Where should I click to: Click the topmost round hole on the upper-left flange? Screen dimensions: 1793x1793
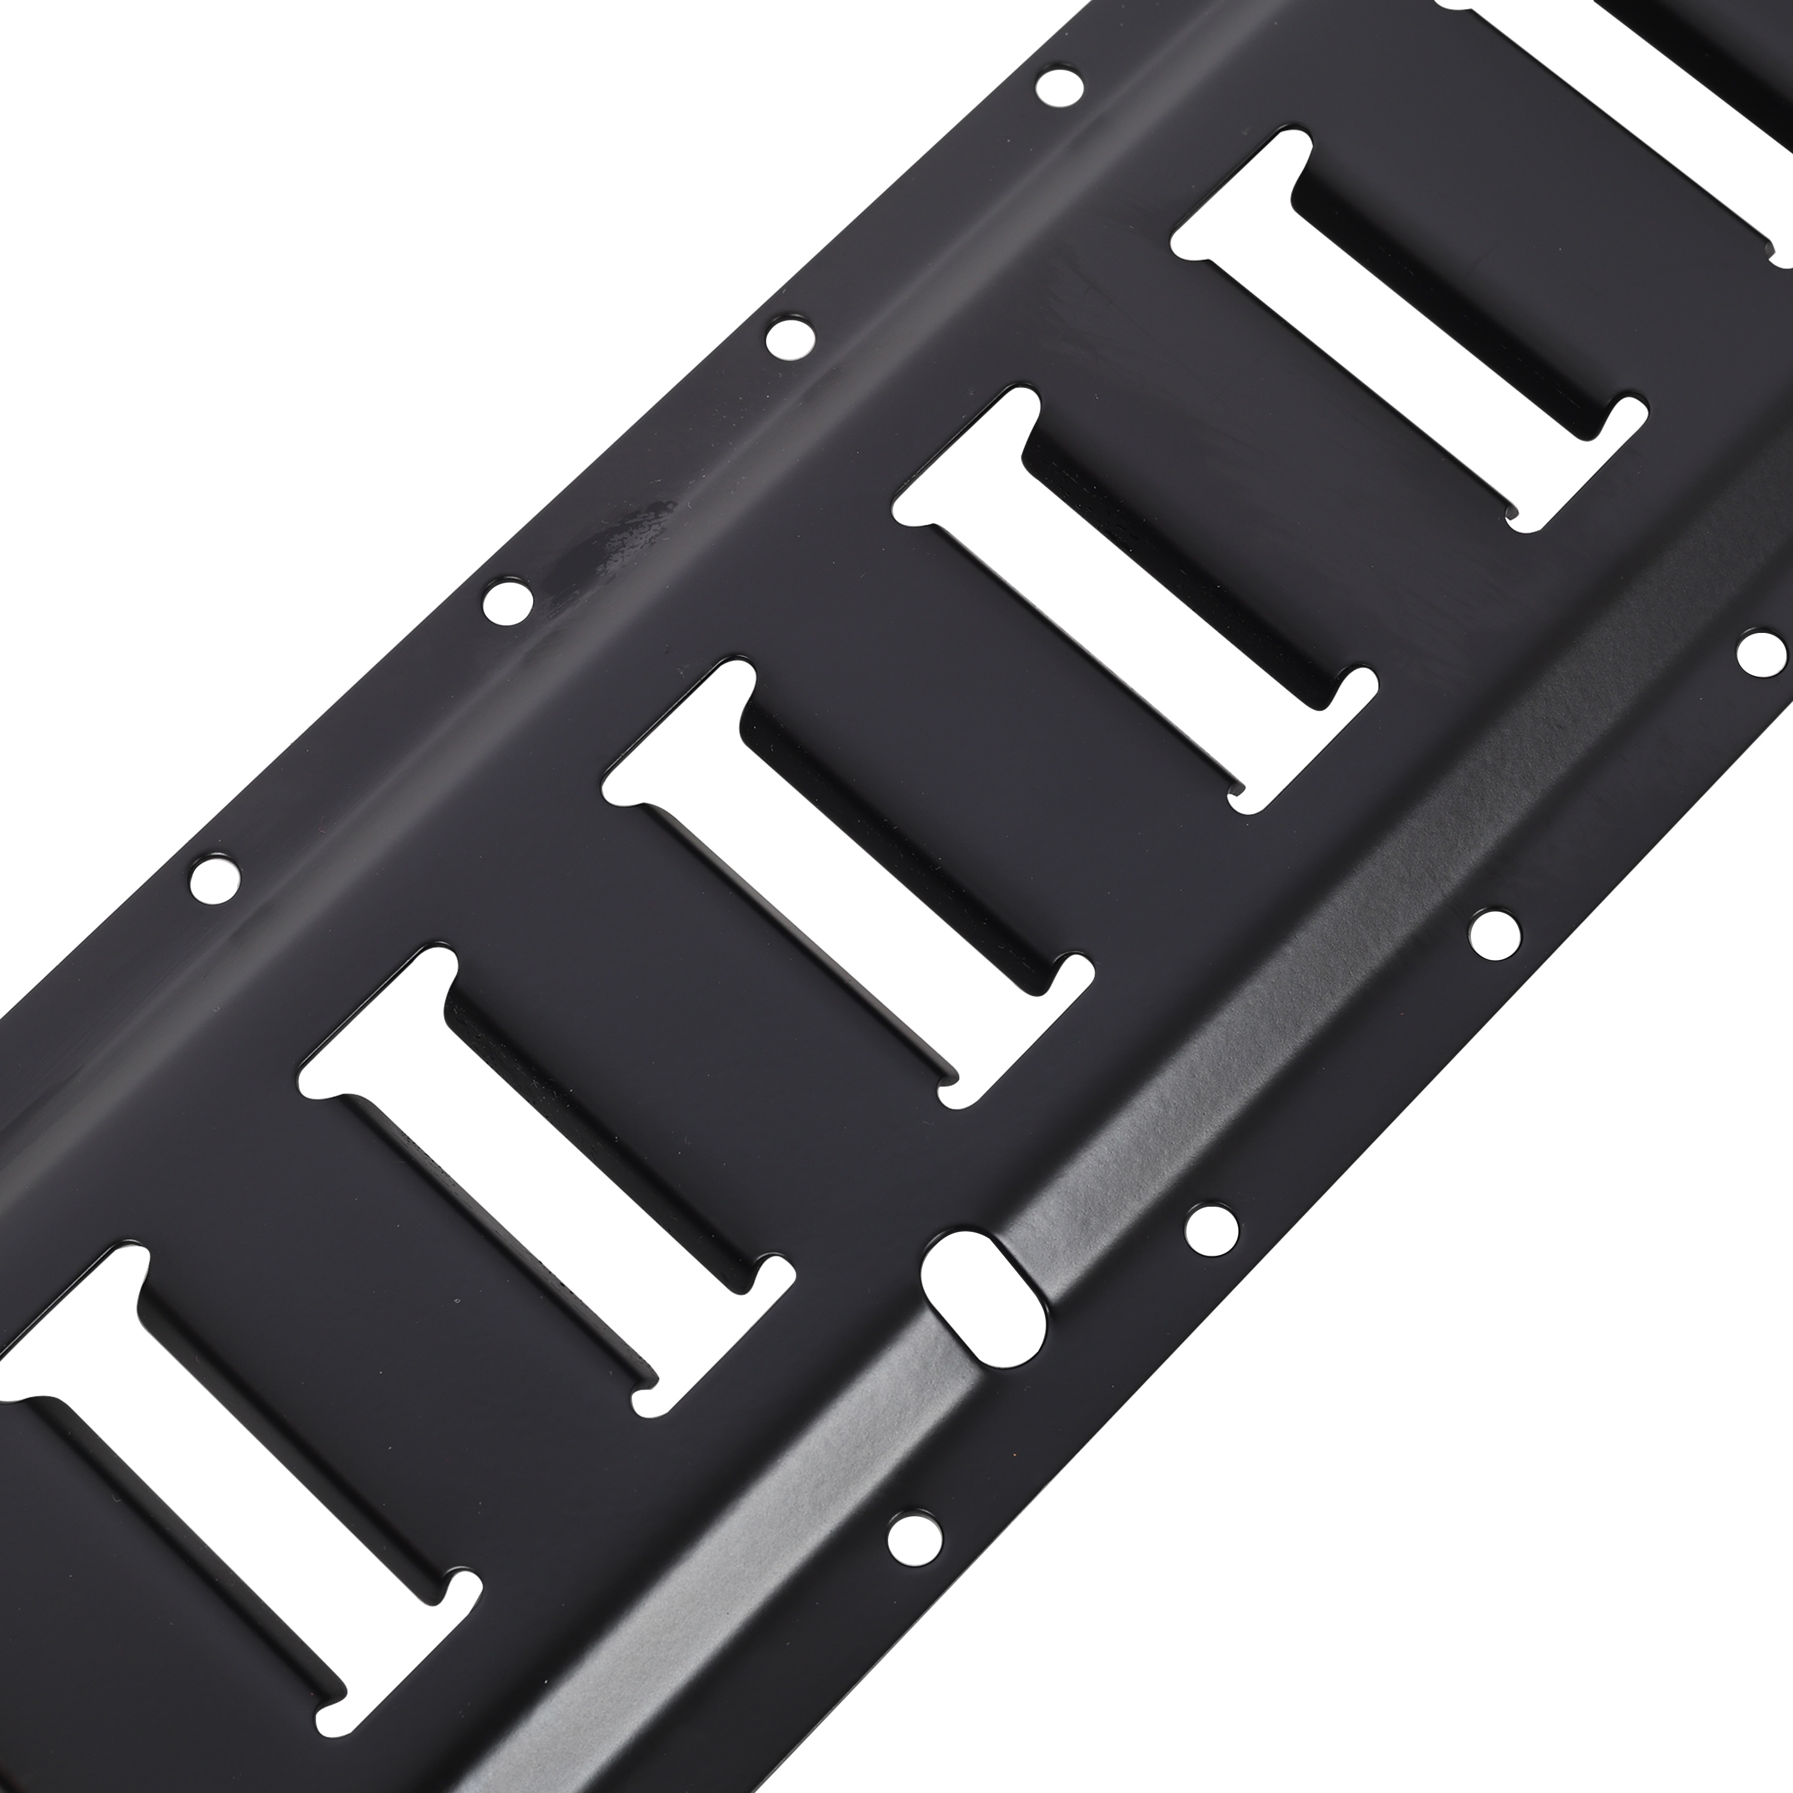click(1060, 88)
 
